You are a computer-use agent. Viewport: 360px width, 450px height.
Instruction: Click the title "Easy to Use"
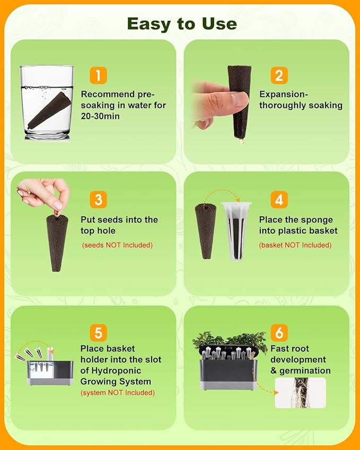(x=182, y=24)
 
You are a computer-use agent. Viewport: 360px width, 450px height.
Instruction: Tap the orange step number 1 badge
(x=98, y=75)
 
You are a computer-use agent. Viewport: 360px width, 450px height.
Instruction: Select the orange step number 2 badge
(x=279, y=75)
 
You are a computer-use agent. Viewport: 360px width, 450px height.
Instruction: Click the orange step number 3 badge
(x=98, y=199)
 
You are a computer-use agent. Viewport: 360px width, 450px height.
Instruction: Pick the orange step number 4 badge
(x=279, y=199)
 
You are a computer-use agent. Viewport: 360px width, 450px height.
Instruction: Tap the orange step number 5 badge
(x=98, y=333)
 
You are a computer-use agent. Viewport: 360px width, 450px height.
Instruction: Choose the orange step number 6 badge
(x=279, y=333)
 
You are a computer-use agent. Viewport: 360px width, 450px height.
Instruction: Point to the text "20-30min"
(x=100, y=116)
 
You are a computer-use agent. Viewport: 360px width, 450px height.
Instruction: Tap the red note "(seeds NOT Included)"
(x=117, y=245)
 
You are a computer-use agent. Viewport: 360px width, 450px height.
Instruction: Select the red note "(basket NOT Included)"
(x=295, y=245)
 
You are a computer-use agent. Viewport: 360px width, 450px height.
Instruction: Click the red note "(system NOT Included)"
(x=118, y=393)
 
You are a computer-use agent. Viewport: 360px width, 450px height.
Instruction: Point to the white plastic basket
(x=236, y=231)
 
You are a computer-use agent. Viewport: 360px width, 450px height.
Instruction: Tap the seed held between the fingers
(x=56, y=213)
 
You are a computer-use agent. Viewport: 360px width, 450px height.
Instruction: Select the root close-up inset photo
(x=300, y=393)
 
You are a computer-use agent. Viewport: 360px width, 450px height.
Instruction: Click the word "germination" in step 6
(x=305, y=371)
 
